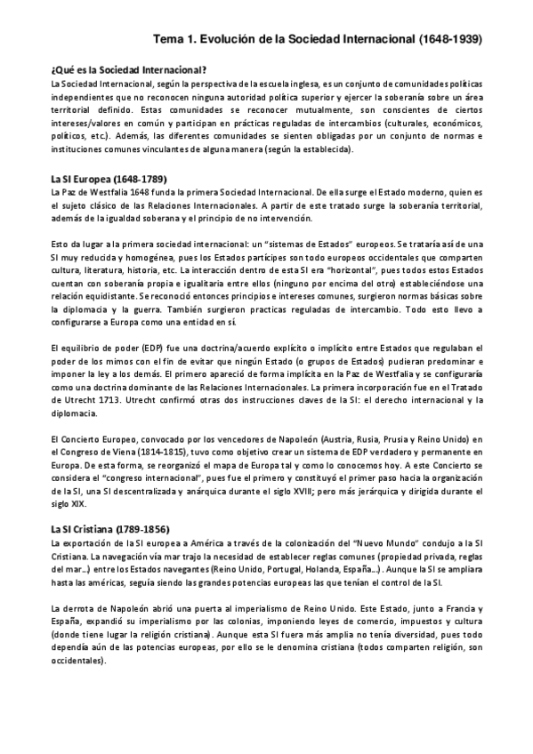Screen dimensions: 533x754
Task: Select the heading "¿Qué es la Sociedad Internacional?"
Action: [129, 70]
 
